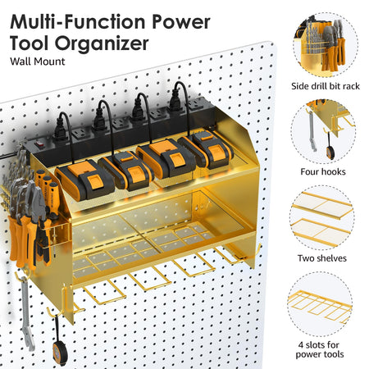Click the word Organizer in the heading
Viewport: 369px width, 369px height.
click(x=102, y=43)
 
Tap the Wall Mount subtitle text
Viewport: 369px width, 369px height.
click(x=38, y=61)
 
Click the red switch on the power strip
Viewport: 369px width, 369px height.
click(x=40, y=143)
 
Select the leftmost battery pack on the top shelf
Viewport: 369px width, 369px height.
click(x=84, y=179)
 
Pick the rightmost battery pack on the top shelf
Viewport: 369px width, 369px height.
click(x=206, y=149)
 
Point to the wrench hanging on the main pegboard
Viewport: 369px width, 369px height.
click(x=27, y=314)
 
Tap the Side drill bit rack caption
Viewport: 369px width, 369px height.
click(x=326, y=86)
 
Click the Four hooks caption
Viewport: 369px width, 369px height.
click(x=323, y=171)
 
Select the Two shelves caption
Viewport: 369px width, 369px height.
click(x=322, y=258)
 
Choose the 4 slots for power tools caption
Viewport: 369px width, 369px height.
click(x=319, y=349)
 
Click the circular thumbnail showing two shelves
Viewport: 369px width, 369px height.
click(x=321, y=217)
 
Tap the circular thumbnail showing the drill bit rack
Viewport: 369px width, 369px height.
click(x=326, y=44)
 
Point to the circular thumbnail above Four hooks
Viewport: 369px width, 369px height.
click(x=323, y=131)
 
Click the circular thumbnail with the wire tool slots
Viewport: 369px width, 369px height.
click(x=320, y=304)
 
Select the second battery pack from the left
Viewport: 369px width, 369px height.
click(x=126, y=170)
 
